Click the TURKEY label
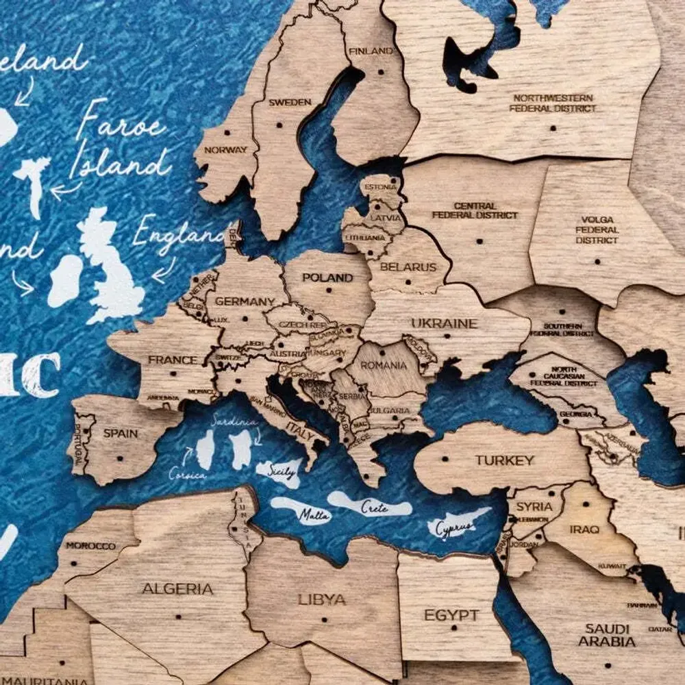click(x=505, y=460)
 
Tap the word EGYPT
click(x=451, y=614)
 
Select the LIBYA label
click(x=321, y=599)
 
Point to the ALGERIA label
click(x=177, y=588)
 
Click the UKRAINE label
click(x=444, y=323)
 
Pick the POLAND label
click(x=327, y=277)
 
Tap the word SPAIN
click(x=121, y=433)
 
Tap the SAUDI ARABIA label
click(x=607, y=635)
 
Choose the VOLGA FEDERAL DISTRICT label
click(x=597, y=230)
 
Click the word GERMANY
click(x=245, y=301)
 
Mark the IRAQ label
click(x=584, y=529)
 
